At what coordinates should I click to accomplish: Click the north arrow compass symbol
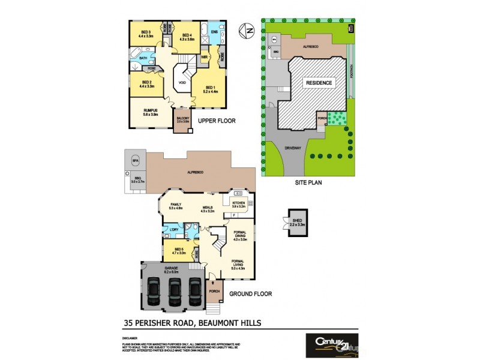(244, 29)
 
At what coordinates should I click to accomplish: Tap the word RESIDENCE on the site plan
(319, 83)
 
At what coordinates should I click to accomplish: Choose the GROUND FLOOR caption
(250, 294)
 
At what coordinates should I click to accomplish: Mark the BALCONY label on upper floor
(183, 119)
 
